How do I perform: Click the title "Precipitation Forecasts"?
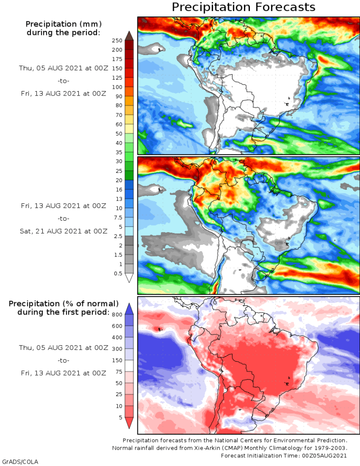(243, 7)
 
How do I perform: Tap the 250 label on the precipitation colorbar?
(117, 41)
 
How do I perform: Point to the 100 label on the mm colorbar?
(117, 87)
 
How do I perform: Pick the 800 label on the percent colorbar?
(117, 314)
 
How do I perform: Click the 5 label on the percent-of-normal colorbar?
(120, 417)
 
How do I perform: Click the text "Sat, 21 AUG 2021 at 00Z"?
(64, 231)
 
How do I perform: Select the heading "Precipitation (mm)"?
(63, 24)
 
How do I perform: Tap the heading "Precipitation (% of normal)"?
(64, 304)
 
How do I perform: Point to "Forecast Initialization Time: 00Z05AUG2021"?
(284, 456)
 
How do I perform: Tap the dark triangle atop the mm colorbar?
(129, 35)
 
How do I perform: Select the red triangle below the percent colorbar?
(129, 423)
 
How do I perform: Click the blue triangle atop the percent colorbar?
(129, 308)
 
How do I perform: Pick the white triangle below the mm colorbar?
(129, 278)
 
